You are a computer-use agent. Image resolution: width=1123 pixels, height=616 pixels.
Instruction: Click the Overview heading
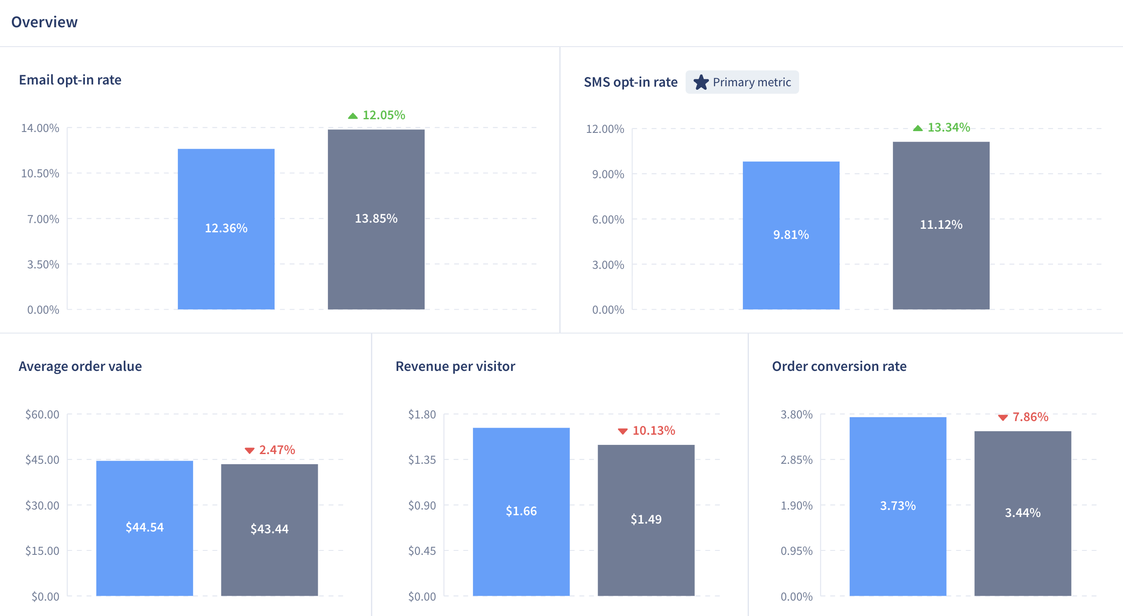tap(44, 22)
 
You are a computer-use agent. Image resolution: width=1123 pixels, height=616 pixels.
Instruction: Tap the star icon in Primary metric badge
tap(701, 82)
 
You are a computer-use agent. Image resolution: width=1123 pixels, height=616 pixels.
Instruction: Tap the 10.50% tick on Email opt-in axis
tap(40, 173)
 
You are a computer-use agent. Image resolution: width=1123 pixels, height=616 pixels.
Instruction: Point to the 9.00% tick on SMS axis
tap(608, 174)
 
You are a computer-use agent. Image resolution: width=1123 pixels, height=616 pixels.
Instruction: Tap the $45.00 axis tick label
tap(42, 460)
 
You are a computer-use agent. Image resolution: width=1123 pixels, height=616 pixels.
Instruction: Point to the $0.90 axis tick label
tap(422, 506)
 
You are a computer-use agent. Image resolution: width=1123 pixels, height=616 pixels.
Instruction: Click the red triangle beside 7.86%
tap(1003, 417)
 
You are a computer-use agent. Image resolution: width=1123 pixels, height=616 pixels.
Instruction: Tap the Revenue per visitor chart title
tap(455, 366)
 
